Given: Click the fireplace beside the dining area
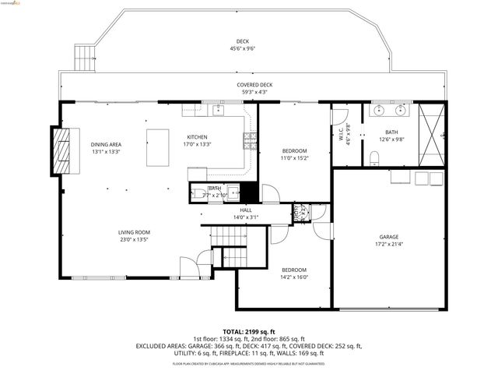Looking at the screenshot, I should (60, 150).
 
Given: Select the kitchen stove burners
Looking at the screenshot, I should (250, 140).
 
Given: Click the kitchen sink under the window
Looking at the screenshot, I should (218, 110).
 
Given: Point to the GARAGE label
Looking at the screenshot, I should (389, 237).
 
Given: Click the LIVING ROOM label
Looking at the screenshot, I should (134, 232).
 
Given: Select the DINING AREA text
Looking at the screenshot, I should (106, 144).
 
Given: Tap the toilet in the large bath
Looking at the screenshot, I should (374, 160).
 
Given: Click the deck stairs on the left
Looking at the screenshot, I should (83, 57).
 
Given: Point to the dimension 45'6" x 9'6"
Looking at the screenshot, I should (243, 48).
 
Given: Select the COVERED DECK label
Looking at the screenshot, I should (254, 85).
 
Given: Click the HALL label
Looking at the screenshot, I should (245, 210).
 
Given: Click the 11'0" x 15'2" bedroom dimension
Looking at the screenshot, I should (295, 157).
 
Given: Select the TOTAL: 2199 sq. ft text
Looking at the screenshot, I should (249, 331).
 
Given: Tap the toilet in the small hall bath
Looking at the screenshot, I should (198, 192).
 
